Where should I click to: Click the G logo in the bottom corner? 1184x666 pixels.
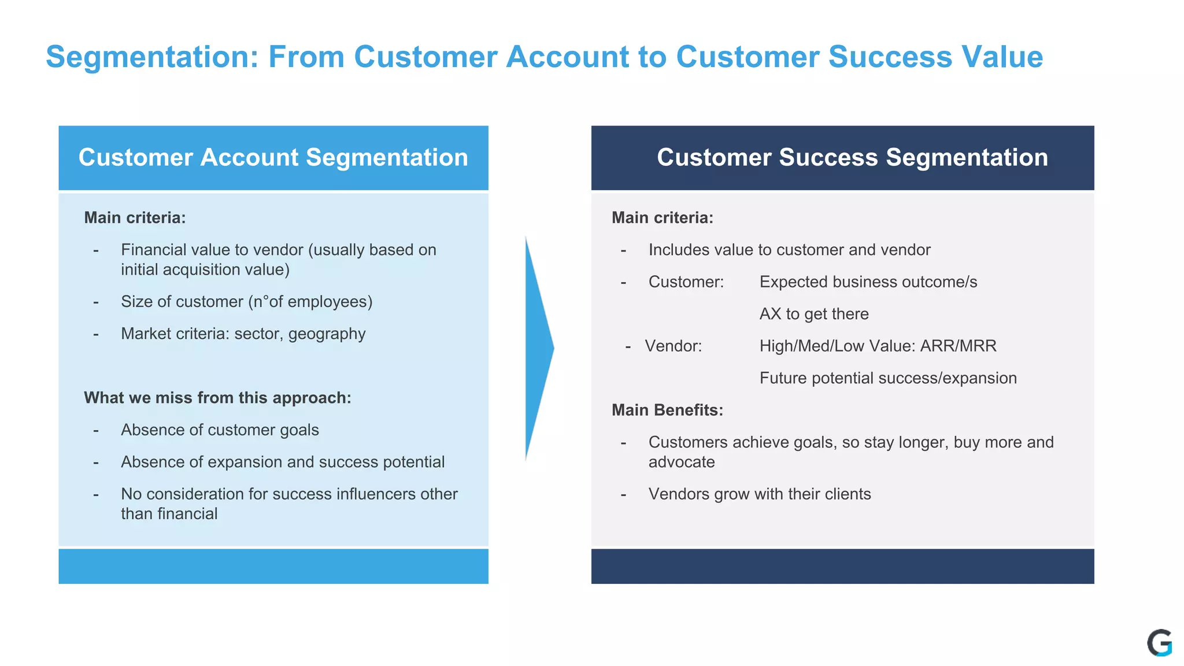1159,643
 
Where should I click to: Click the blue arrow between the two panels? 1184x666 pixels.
538,348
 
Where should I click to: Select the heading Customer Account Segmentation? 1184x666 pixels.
273,158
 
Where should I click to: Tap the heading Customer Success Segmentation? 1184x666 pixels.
852,158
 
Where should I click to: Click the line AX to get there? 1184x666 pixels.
813,314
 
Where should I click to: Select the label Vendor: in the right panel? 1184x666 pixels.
673,346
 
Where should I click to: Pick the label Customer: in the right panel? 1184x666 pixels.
686,282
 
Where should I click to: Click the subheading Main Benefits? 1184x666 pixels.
667,410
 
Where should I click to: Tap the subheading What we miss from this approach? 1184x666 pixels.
217,398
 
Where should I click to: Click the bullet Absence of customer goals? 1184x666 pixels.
220,430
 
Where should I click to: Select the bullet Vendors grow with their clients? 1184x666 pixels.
759,494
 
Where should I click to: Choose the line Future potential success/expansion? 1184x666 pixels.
887,378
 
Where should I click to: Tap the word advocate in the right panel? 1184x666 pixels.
681,462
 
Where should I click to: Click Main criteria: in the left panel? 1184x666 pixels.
135,218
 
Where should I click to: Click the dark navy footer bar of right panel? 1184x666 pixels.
842,566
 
